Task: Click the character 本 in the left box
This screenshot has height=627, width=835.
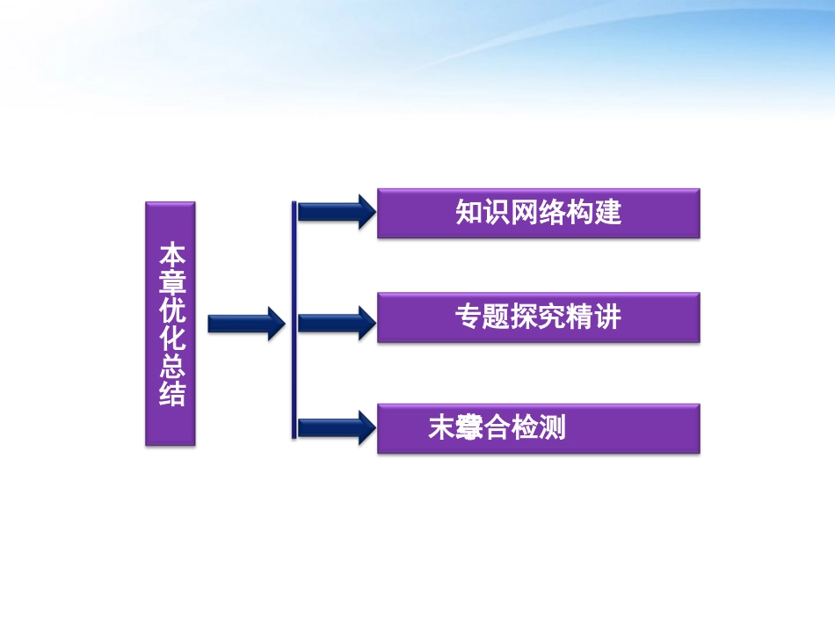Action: point(171,255)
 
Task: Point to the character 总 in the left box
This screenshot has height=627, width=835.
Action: point(171,367)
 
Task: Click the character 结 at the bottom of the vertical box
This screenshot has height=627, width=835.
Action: point(171,394)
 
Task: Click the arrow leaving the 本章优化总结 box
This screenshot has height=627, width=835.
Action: point(245,324)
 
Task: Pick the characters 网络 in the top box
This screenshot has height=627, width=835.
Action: point(539,213)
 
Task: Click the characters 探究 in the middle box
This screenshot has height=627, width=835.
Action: point(538,317)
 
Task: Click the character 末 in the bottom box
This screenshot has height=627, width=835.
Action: point(441,428)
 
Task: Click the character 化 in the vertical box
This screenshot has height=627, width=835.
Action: point(171,339)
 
